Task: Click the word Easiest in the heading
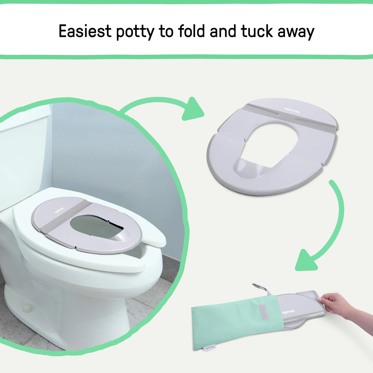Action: pyautogui.click(x=85, y=31)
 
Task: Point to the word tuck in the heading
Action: pyautogui.click(x=257, y=31)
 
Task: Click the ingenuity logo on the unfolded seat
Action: pyautogui.click(x=292, y=110)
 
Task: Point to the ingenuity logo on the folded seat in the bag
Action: pyautogui.click(x=288, y=312)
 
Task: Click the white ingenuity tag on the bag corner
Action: pyautogui.click(x=210, y=348)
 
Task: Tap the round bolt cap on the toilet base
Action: pyautogui.click(x=27, y=308)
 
